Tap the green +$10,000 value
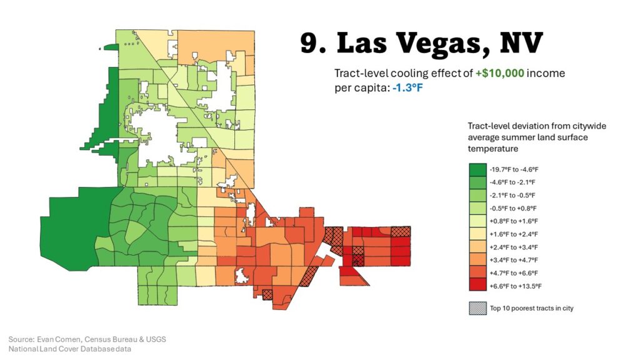pos(499,73)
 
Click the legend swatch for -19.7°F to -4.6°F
pos(477,169)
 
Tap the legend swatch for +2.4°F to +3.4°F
pos(477,247)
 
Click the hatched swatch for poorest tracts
pos(477,308)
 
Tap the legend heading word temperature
pos(493,149)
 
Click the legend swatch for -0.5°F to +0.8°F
pos(477,207)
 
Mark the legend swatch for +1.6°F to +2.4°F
pos(477,234)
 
